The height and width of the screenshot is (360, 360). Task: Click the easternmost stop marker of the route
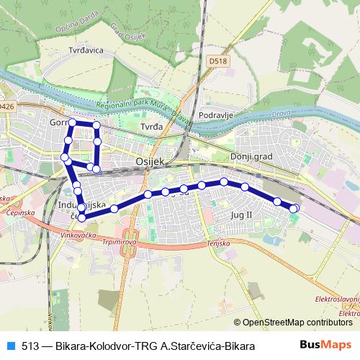click(294, 209)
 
